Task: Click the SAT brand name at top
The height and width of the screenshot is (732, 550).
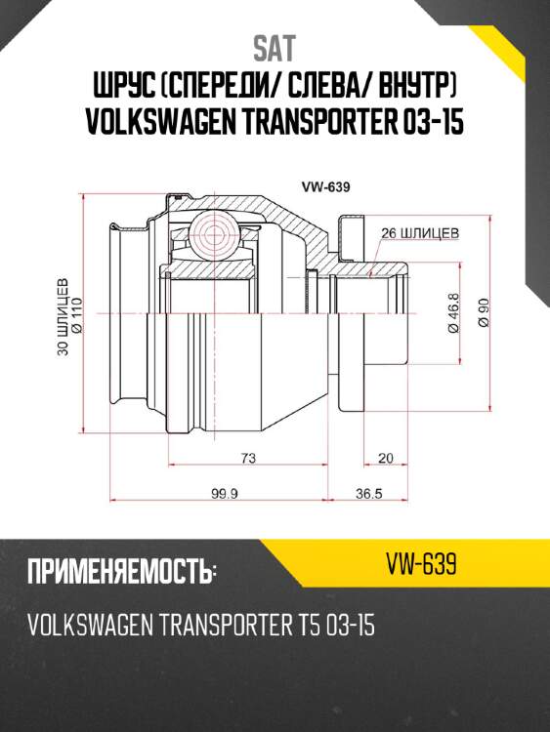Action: pos(275,46)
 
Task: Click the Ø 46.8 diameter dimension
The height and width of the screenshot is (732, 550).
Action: pos(453,314)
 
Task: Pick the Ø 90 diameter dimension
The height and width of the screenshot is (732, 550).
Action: pos(482,315)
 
